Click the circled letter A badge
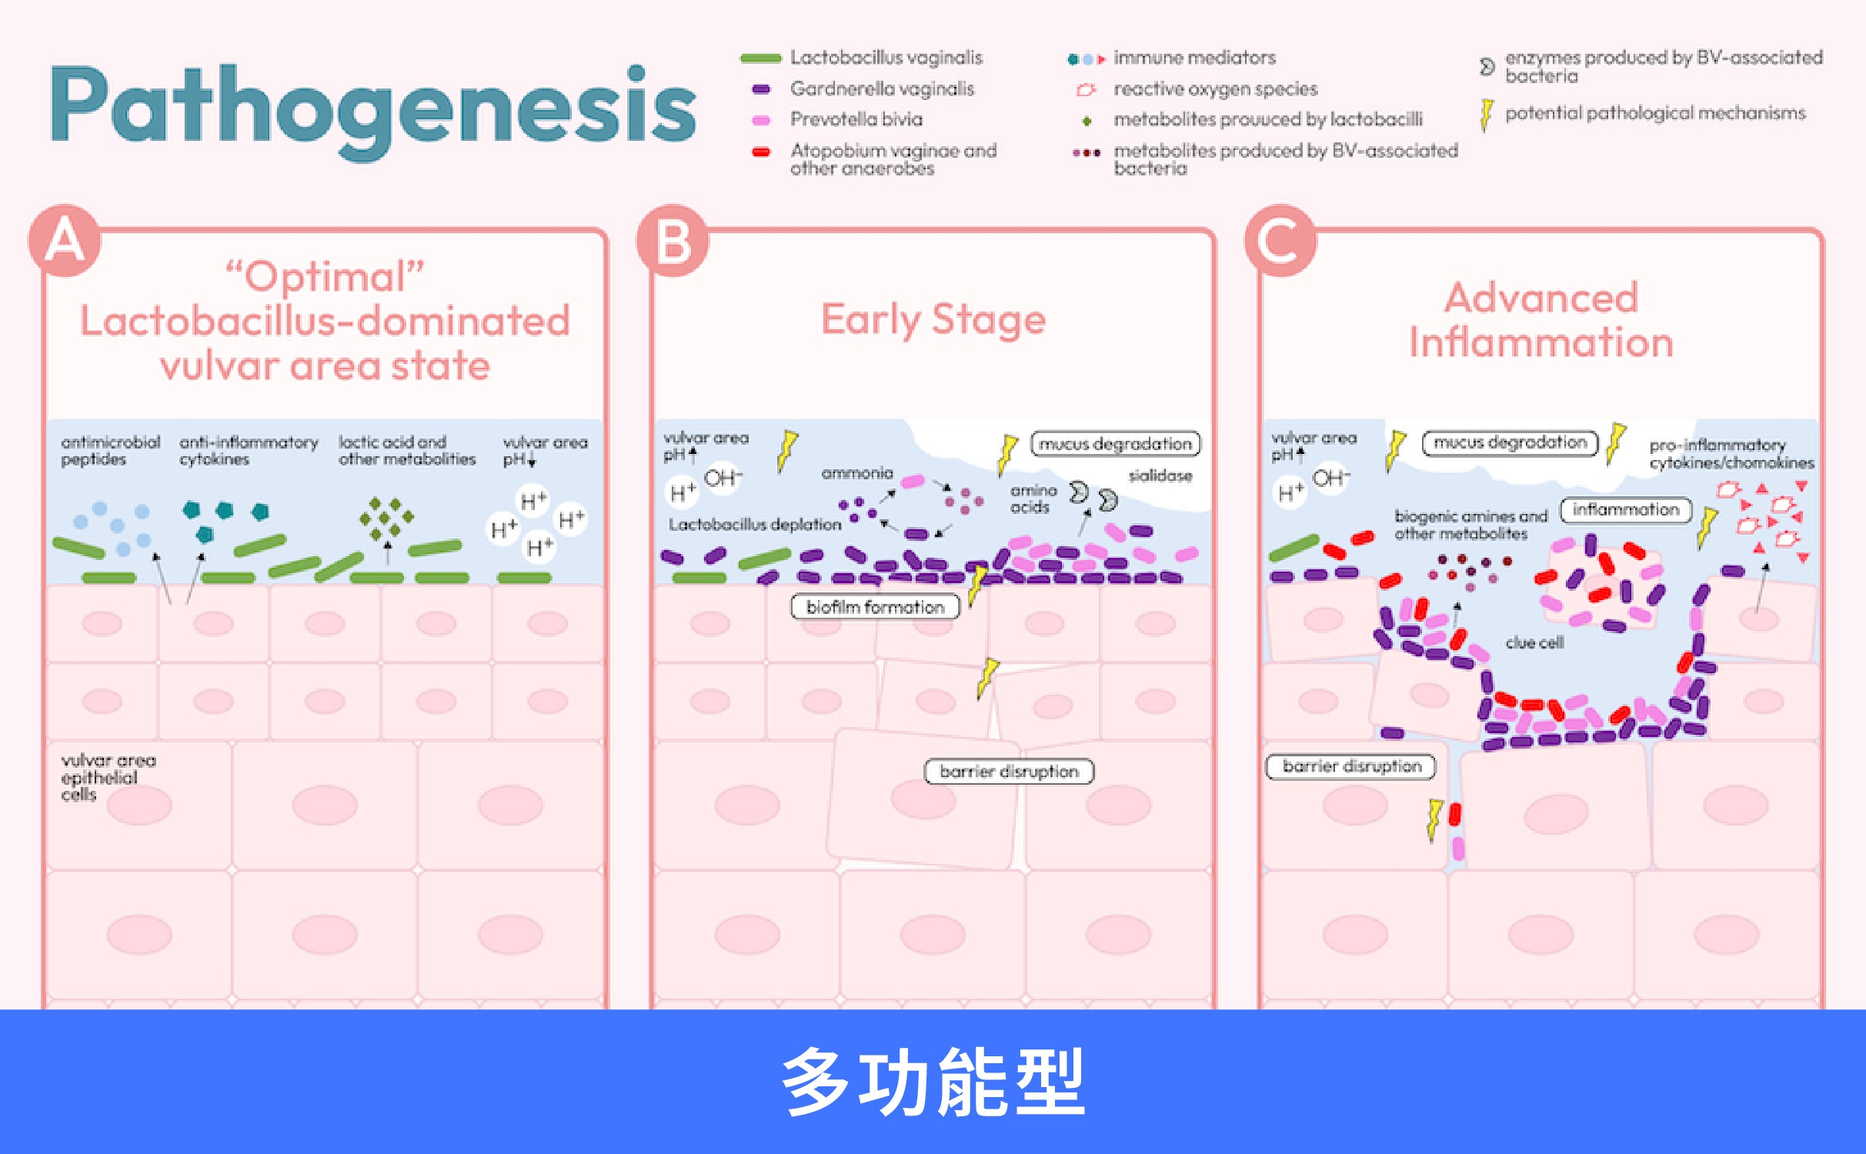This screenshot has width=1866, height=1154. pos(65,240)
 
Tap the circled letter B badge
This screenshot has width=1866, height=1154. pos(673,240)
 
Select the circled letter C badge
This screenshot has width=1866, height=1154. pos(1280,240)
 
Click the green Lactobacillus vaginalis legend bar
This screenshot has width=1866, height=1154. pos(760,58)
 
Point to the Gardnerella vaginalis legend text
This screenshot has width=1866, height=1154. pos(882,89)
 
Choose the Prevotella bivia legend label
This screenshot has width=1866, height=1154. pos(856,119)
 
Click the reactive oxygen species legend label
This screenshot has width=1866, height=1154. pos(1215,89)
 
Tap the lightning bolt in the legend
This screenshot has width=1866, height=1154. pos(1487,114)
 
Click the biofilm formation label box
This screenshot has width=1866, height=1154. pos(875,607)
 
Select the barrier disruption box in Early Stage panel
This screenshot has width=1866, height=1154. pos(1009,771)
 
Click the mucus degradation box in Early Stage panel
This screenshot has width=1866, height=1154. pos(1115,444)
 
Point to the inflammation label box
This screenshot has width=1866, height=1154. pos(1625,509)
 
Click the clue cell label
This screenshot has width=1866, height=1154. pos(1534,642)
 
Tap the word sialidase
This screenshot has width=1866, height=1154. pos(1160,475)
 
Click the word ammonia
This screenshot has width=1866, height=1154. pos(857,472)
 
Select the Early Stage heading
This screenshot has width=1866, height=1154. pos(933,319)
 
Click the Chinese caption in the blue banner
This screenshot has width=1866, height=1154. pos(933,1081)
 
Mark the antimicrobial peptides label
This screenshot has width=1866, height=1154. pos(111,450)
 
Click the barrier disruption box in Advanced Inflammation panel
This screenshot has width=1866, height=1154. pos(1351,766)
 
